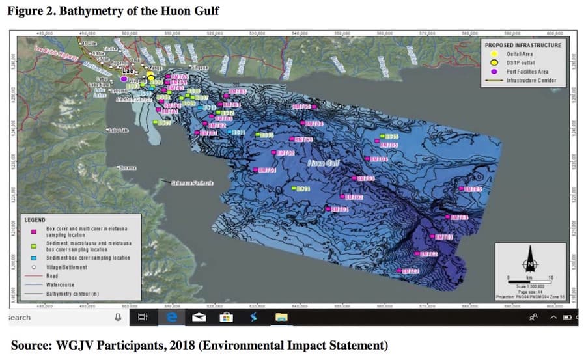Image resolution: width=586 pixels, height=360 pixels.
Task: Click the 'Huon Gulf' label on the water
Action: [x=323, y=163]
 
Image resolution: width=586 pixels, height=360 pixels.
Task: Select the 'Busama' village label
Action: [x=128, y=168]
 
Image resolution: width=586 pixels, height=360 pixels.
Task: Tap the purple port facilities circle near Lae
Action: [x=124, y=79]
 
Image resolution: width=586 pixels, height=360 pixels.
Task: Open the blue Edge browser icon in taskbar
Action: [x=172, y=317]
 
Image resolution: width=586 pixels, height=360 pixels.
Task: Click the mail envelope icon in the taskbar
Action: [x=199, y=317]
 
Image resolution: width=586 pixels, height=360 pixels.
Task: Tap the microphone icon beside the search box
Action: [x=118, y=317]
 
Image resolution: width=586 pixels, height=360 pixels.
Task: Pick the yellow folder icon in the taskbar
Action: [x=281, y=317]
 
